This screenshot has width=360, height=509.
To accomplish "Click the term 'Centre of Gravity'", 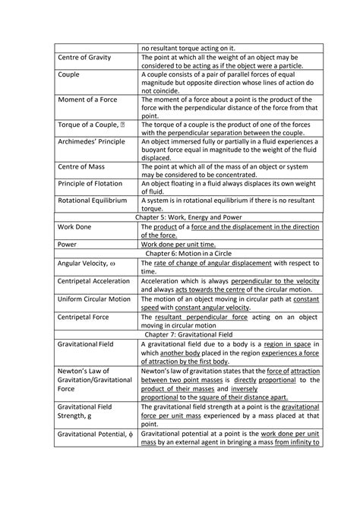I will tap(86, 58).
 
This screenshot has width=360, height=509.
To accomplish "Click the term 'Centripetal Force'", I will tap(84, 317).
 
